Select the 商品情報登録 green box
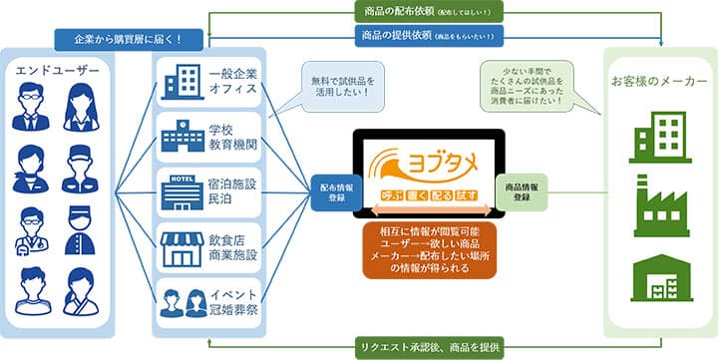pos(524,190)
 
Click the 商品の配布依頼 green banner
pos(437,12)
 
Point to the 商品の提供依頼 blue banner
pos(437,36)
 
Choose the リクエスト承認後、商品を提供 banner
pos(437,348)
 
